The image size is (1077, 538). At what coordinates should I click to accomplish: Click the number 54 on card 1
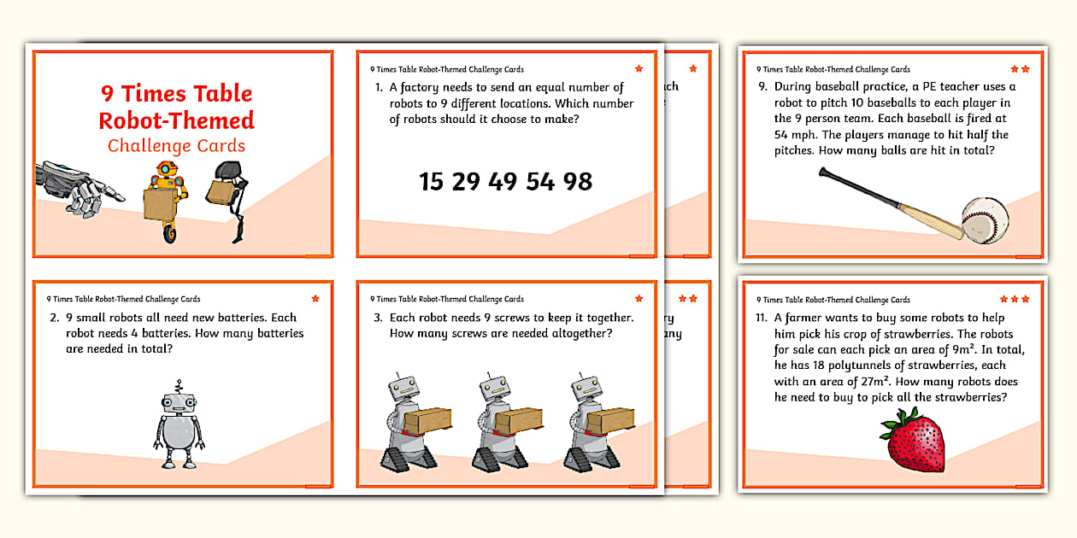click(539, 181)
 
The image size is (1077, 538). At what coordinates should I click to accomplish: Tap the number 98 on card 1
click(578, 181)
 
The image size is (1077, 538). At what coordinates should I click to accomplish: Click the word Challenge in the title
click(147, 146)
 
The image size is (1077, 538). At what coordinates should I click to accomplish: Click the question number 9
click(761, 87)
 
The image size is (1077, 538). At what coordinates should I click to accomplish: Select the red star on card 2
click(315, 299)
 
